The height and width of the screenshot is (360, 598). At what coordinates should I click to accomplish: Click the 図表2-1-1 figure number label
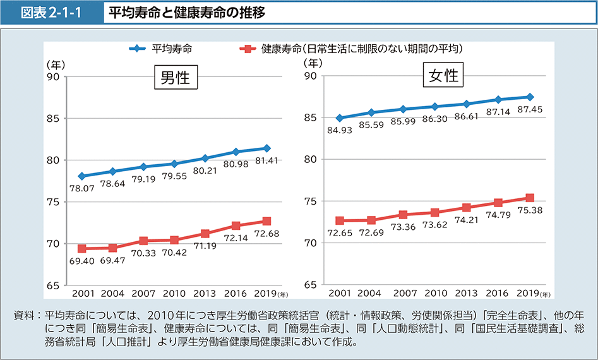pyautogui.click(x=52, y=13)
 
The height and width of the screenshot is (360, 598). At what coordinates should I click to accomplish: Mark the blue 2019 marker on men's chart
pyautogui.click(x=266, y=148)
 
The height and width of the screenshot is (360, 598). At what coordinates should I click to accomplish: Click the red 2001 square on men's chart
pyautogui.click(x=82, y=249)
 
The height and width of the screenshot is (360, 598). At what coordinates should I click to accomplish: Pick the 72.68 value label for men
pyautogui.click(x=266, y=233)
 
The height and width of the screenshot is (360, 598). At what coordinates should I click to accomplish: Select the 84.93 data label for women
pyautogui.click(x=340, y=130)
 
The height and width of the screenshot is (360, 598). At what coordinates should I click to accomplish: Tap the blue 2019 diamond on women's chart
pyautogui.click(x=530, y=97)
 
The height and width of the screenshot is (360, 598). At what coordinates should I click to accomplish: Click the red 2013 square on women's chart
pyautogui.click(x=467, y=207)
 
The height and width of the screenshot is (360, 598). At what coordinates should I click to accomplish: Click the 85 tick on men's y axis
pyautogui.click(x=52, y=119)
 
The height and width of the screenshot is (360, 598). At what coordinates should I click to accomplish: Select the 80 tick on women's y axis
pyautogui.click(x=309, y=159)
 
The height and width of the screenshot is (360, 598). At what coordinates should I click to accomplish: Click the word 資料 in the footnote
pyautogui.click(x=23, y=315)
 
